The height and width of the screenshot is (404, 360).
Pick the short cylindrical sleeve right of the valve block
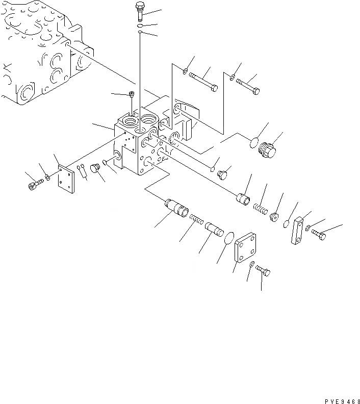click(x=243, y=198)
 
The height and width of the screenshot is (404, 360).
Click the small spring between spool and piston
click(x=197, y=219)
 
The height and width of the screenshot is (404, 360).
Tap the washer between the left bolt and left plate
click(x=47, y=178)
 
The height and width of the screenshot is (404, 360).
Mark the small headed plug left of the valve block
click(x=94, y=169)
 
